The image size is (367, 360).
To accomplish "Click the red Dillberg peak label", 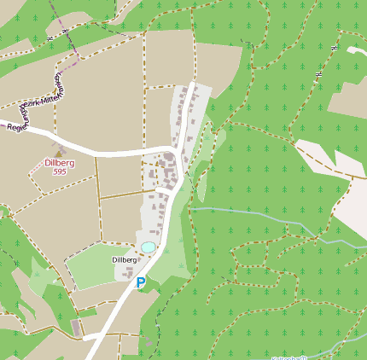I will click(59, 162).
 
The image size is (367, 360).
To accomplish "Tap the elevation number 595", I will click(59, 171).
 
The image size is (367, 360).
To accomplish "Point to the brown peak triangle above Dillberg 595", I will click(59, 152).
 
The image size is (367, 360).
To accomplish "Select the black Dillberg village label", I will click(125, 259).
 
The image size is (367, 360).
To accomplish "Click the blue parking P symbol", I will click(141, 282).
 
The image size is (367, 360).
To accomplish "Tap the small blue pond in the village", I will click(148, 247).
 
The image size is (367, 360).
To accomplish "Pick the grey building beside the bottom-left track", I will click(78, 328).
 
